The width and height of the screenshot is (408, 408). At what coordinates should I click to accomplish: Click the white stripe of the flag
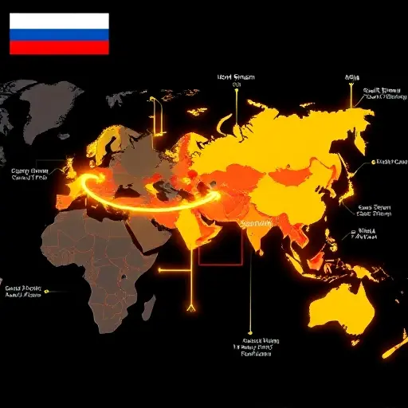click(59, 20)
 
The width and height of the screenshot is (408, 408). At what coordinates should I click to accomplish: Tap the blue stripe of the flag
click(59, 33)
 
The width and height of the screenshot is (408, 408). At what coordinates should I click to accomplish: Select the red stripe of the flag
click(59, 47)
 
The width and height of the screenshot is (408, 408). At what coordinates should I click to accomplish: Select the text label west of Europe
click(29, 175)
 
